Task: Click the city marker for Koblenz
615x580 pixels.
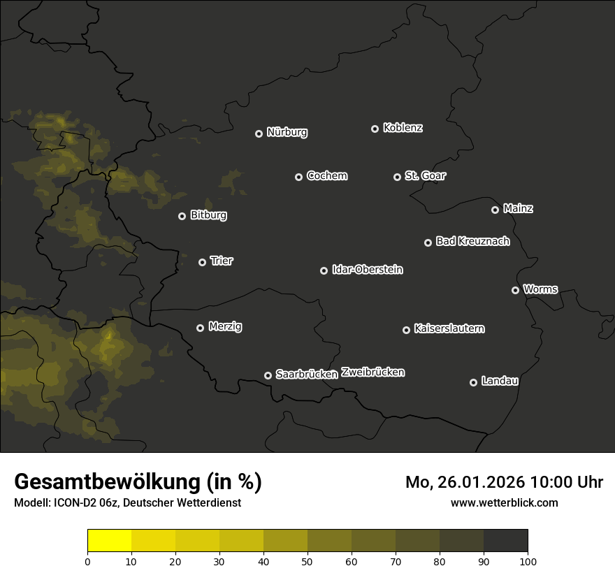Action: point(375,129)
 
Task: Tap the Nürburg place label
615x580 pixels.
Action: point(287,132)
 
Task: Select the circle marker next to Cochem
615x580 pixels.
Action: point(298,177)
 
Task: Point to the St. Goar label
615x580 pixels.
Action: point(425,176)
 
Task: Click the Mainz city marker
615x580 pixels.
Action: point(495,210)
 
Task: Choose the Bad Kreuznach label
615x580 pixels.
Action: point(472,242)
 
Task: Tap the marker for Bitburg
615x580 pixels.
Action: point(182,216)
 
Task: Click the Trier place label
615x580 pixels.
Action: point(222,261)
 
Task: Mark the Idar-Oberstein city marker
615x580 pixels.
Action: point(324,270)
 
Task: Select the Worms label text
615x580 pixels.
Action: point(540,289)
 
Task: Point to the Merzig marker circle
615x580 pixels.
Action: point(200,328)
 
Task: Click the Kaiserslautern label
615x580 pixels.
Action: point(449,328)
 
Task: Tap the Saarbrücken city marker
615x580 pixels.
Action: point(268,375)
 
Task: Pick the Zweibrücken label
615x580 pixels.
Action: point(372,372)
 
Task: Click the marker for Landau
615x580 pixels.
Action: point(473,382)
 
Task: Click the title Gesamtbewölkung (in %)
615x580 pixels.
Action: point(138,482)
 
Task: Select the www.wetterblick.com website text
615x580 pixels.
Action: point(504,502)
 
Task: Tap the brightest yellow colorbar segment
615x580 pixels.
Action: point(109,540)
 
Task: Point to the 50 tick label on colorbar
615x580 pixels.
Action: point(307,561)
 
